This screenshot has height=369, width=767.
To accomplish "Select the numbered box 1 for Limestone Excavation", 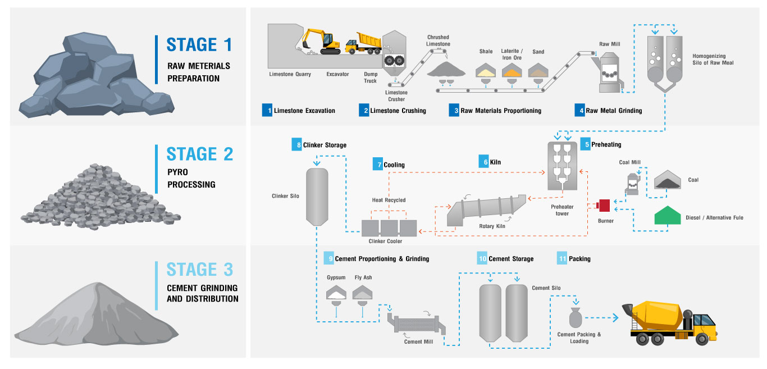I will pos(267,110).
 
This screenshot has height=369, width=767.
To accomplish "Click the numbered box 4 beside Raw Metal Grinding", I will pos(579,110).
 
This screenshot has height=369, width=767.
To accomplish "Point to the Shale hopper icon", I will pos(485,70).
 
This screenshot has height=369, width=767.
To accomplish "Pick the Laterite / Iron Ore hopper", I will pos(512,70).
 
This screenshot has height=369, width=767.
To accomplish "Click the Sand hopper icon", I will pos(538,70).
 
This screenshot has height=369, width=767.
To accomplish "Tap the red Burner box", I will pos(604,205).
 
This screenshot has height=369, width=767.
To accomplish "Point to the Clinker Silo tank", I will pos(316,197).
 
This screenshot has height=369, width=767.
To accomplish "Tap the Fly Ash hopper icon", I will pos(363,291).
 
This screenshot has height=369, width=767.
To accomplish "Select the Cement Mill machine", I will pos(414,325).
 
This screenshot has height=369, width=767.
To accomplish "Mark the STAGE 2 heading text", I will pos(199,154).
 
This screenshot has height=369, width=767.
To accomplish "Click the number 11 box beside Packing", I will pos(562,258).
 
